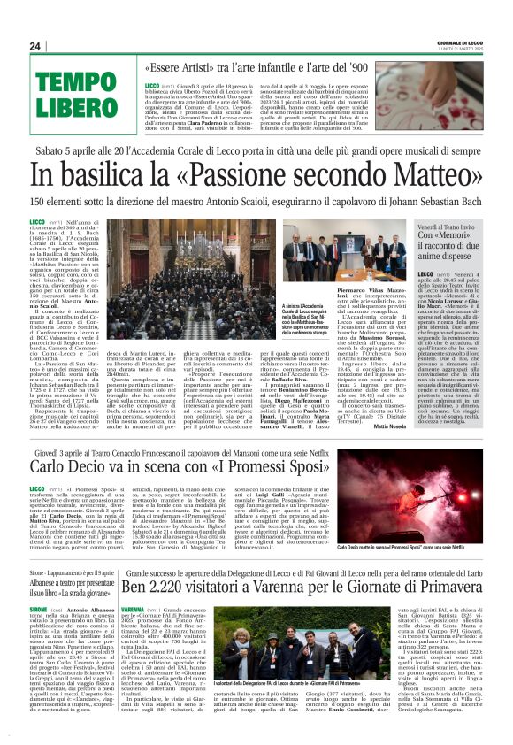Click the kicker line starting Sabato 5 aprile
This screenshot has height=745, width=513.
click(x=256, y=150)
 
